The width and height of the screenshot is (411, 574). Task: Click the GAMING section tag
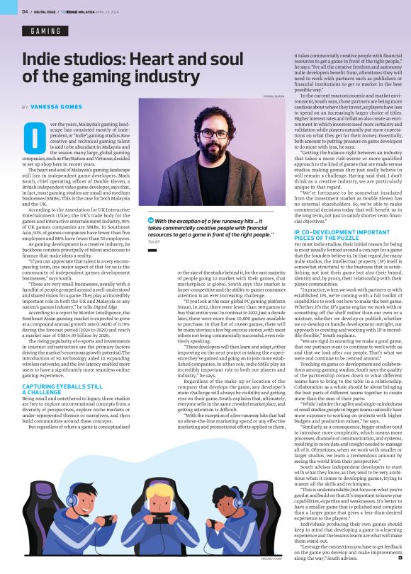pyautogui.click(x=45, y=31)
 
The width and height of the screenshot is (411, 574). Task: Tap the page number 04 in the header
pyautogui.click(x=25, y=11)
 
